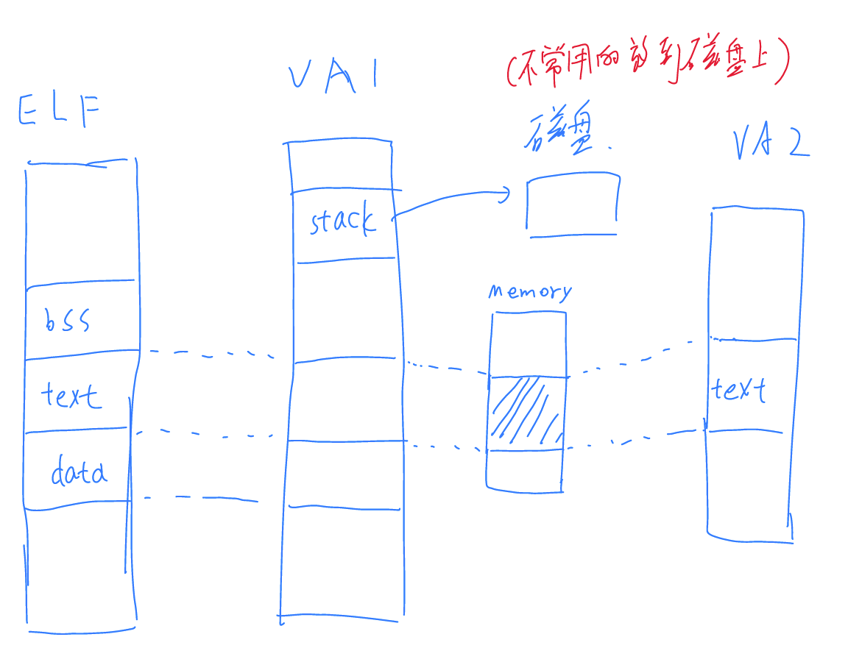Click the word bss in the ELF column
(68, 320)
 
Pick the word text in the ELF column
(70, 396)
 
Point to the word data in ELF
(79, 471)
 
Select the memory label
(529, 292)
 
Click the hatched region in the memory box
(526, 413)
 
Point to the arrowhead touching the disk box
(506, 194)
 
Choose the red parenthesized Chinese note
(648, 64)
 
